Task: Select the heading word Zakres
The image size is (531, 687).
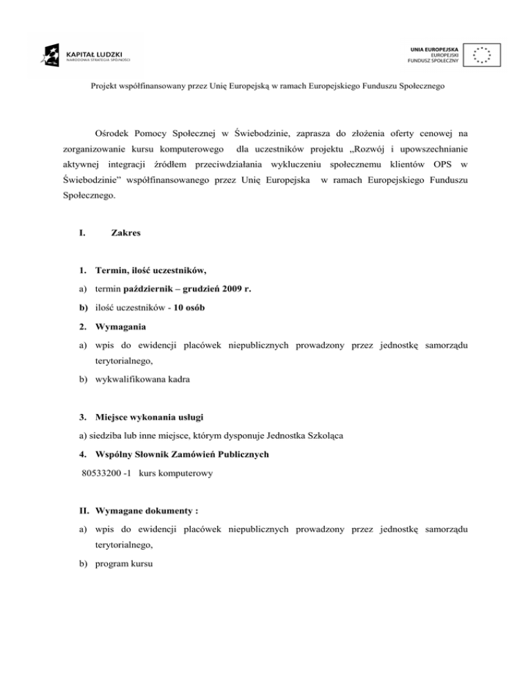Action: click(x=125, y=234)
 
